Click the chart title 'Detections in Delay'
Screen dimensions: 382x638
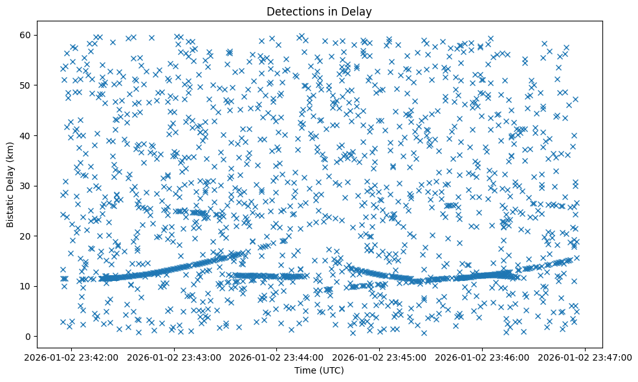(319, 11)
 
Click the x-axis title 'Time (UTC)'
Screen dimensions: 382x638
(319, 370)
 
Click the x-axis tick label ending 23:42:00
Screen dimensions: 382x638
(72, 357)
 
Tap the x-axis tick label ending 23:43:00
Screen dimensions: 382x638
(175, 357)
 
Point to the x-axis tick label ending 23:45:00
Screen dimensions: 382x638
(380, 357)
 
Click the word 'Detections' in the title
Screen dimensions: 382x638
(291, 11)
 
